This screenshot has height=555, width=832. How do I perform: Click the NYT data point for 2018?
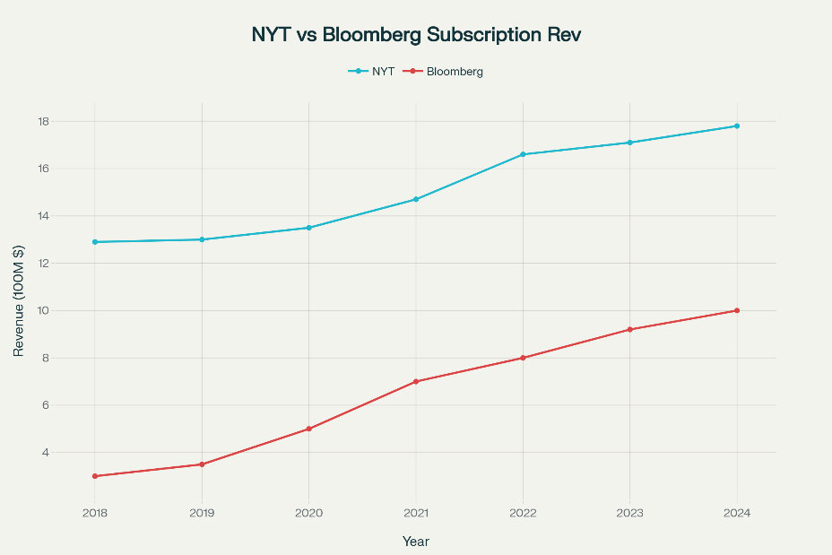[x=95, y=242]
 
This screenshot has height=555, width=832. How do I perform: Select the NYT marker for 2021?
[x=416, y=200]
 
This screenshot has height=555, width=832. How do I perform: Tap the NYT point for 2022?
[x=524, y=154]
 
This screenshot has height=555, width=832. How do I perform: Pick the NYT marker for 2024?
[x=737, y=126]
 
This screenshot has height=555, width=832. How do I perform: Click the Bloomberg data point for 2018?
[x=95, y=476]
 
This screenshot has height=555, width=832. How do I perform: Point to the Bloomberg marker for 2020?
[x=308, y=429]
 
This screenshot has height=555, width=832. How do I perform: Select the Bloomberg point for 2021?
[x=416, y=381]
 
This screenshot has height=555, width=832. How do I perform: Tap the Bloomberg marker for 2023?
[x=630, y=329]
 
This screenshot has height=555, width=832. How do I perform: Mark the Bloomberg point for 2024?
[x=737, y=310]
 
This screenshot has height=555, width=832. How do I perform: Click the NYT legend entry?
[x=371, y=71]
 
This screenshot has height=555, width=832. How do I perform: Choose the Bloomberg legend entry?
[x=443, y=71]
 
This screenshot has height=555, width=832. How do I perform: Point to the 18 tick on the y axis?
[x=44, y=122]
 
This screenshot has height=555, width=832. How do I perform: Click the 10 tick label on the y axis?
[x=44, y=310]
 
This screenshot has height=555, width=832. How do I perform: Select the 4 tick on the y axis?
[x=45, y=453]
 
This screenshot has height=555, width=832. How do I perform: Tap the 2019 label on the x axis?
[x=202, y=513]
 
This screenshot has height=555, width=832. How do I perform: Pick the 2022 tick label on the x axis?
[x=524, y=513]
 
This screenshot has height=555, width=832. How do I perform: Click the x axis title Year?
[x=416, y=542]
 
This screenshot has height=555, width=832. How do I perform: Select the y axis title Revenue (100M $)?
[x=19, y=301]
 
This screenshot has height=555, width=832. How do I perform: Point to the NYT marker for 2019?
[x=202, y=239]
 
